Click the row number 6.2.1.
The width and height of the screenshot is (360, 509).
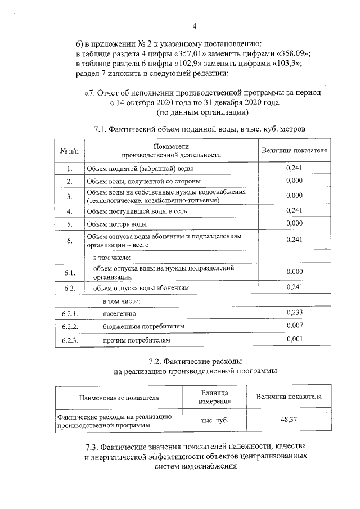[x=69, y=313]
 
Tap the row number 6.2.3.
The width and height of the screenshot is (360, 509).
[x=69, y=340]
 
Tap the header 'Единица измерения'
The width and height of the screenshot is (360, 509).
[x=214, y=397]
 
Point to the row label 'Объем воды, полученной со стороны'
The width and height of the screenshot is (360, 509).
[x=143, y=181]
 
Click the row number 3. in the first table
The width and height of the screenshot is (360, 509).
[x=69, y=196]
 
